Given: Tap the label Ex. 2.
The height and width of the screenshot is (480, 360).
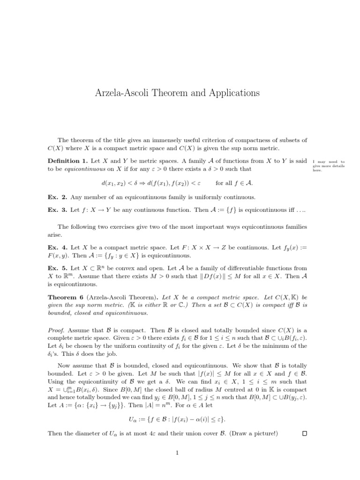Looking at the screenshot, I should pyautogui.click(x=57, y=197).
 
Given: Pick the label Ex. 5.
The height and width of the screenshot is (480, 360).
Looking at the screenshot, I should pyautogui.click(x=57, y=267).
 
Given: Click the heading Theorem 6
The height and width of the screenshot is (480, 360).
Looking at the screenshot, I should pyautogui.click(x=66, y=298).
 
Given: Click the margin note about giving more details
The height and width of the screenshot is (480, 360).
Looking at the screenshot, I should pyautogui.click(x=328, y=166).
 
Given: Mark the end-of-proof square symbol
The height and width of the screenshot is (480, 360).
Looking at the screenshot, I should pyautogui.click(x=305, y=434).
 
